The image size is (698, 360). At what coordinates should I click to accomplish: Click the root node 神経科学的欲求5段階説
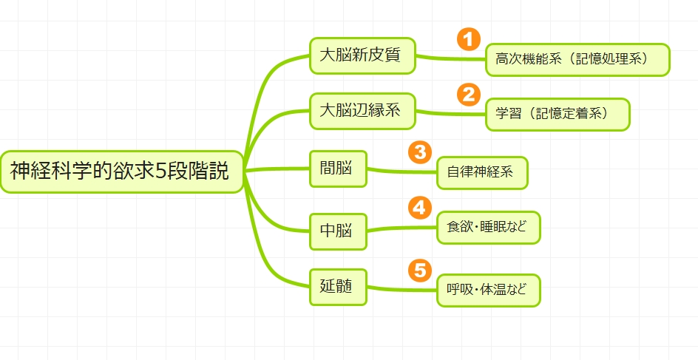121,172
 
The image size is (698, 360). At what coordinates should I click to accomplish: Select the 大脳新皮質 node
362,55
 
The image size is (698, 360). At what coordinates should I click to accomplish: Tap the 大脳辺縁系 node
362,112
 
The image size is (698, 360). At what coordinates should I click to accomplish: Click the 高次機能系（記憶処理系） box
577,60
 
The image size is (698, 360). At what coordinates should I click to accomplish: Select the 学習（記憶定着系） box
558,115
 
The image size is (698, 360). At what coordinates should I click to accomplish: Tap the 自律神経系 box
482,173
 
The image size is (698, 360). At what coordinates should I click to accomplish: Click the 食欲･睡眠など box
488,228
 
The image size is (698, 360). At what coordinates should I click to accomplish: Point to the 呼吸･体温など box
488,291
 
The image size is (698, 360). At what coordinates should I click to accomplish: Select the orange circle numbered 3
419,152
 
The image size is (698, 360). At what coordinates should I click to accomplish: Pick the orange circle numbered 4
419,208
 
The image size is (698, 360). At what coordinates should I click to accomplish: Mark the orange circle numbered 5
419,271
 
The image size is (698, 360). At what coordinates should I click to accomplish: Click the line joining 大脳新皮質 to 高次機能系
451,58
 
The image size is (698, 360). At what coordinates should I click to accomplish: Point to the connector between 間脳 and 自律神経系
403,171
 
